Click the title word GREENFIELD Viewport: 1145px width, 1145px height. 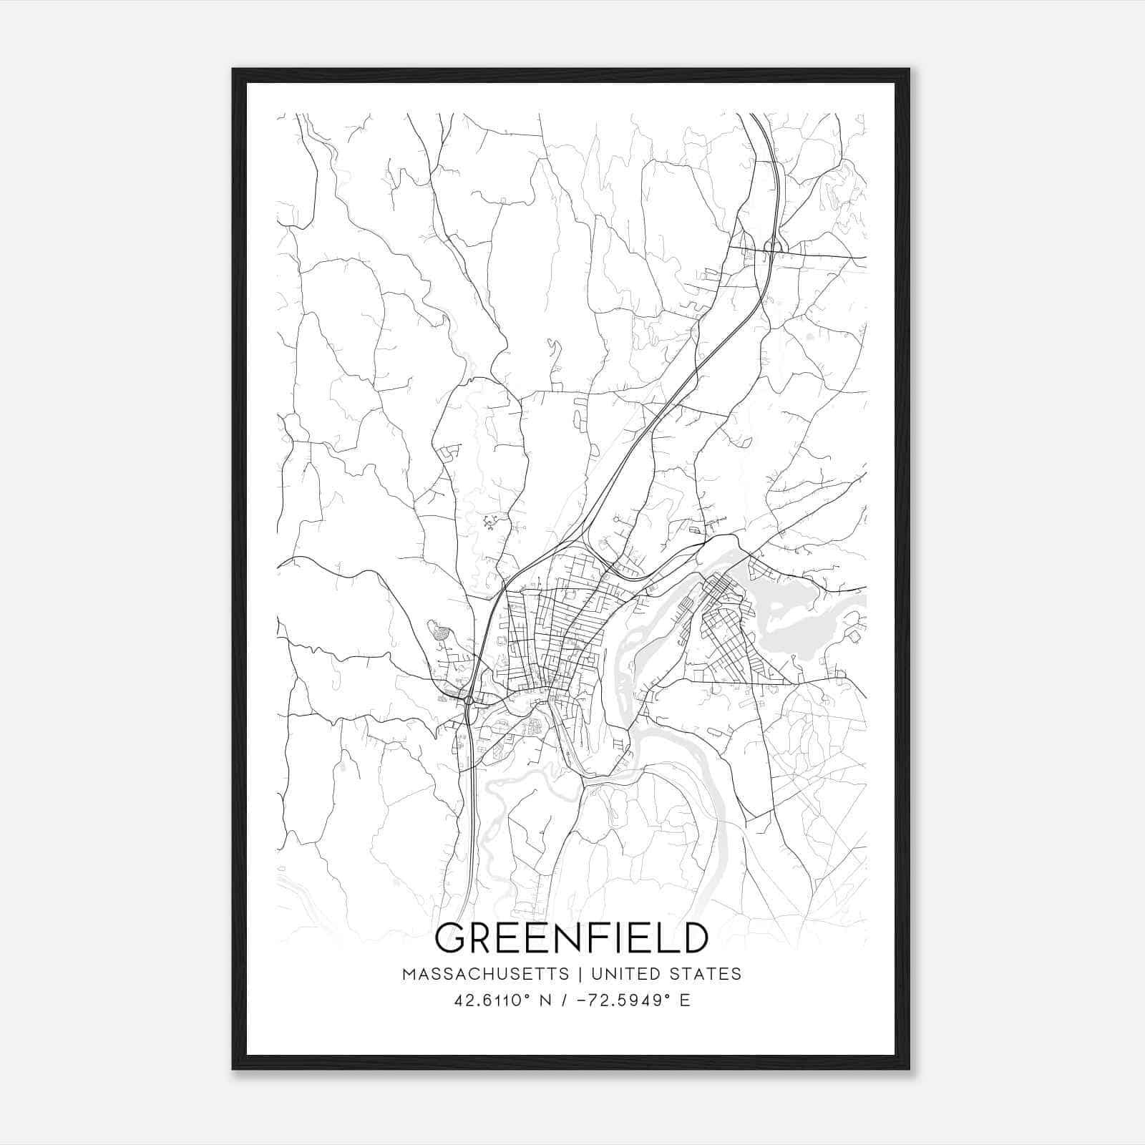571,938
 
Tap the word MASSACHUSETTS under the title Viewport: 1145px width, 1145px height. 485,974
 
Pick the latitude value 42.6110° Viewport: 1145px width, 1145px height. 490,1000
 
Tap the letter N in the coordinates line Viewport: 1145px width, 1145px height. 546,1000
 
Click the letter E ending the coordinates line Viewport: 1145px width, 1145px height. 685,1000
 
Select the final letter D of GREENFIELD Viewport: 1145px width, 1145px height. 695,938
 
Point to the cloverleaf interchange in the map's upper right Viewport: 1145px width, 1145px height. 774,248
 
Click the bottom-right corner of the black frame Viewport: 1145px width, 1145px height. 909,1068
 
